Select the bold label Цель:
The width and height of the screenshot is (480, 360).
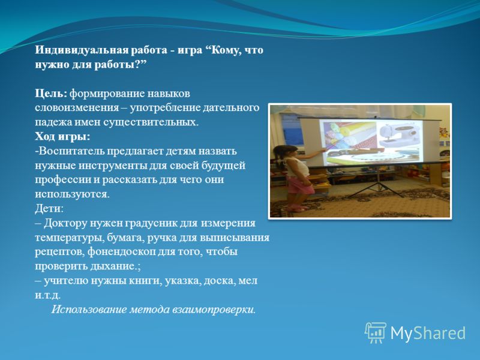click(51, 94)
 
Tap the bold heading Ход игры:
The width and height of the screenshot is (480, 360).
click(62, 137)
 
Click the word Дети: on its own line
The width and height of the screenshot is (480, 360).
click(49, 209)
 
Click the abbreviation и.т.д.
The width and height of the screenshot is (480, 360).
click(48, 295)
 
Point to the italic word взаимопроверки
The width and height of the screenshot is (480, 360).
click(214, 310)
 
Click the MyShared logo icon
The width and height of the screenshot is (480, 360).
click(376, 332)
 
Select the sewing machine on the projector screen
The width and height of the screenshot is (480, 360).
click(399, 134)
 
